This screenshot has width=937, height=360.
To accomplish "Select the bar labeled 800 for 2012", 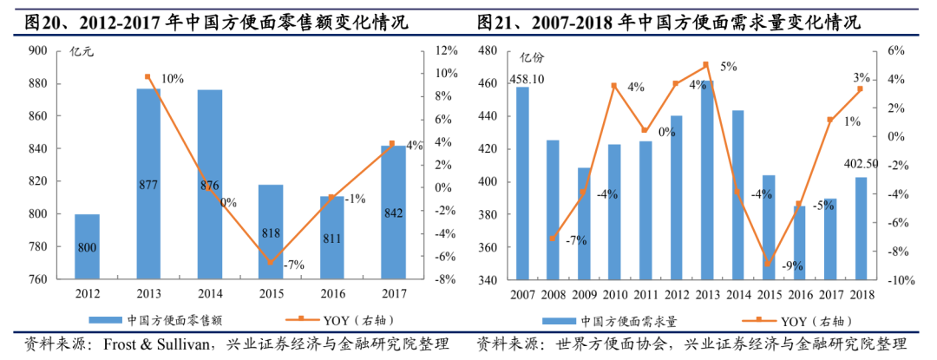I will [87, 247].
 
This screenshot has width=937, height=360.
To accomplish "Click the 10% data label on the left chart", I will [172, 79].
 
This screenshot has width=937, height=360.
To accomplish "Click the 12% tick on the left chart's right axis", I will [446, 50].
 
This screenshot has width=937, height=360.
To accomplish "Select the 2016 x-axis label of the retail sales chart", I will [333, 292].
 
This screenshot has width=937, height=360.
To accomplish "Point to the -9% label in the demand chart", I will [793, 266].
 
